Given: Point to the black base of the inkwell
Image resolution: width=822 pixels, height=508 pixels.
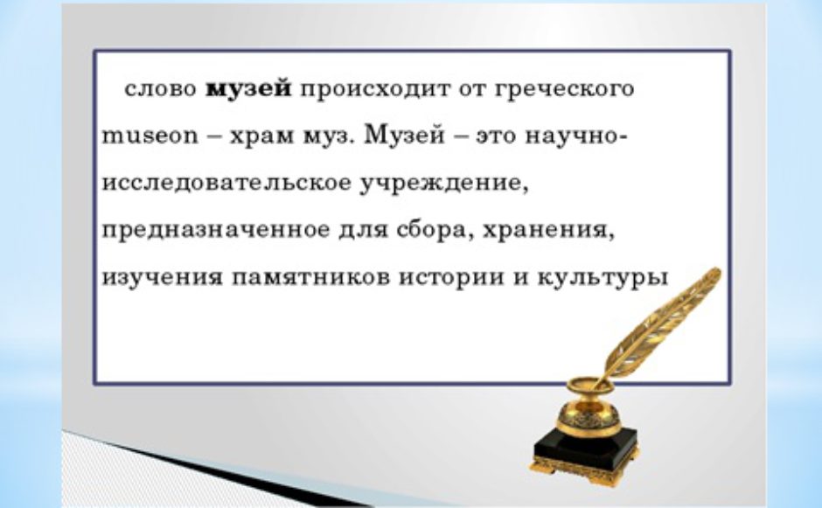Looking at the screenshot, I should (x=585, y=454).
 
